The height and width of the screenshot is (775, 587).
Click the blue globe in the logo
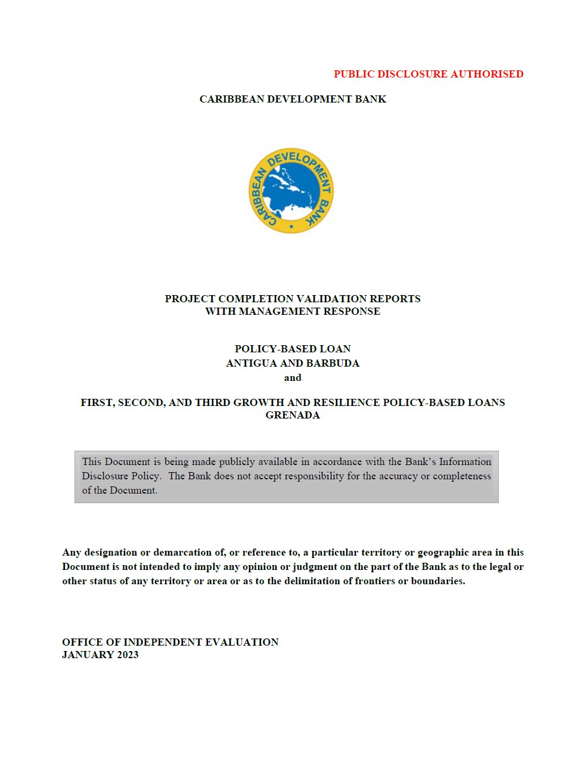[x=291, y=191]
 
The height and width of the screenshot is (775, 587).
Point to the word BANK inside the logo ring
[x=319, y=212]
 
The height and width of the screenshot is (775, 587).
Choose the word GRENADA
[x=293, y=415]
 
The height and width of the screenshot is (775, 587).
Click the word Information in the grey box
[x=465, y=461]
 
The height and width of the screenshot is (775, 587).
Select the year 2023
[x=128, y=655]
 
